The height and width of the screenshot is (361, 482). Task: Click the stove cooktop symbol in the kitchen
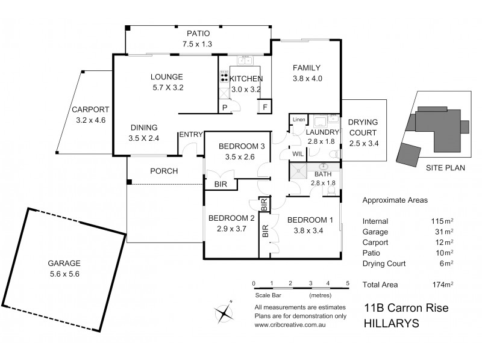(x=224, y=77)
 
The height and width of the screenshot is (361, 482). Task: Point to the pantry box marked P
(x=224, y=108)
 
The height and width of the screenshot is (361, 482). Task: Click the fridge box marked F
(x=263, y=108)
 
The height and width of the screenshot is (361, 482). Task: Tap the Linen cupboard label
(x=299, y=119)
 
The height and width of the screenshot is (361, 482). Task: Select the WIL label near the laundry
(x=298, y=154)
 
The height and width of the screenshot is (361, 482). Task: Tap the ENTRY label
(x=190, y=134)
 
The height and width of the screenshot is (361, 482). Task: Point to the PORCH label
(x=164, y=171)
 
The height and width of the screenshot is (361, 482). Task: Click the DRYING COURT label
(x=362, y=128)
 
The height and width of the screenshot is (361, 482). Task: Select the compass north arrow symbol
(x=224, y=312)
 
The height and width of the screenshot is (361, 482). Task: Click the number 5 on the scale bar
(x=348, y=283)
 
